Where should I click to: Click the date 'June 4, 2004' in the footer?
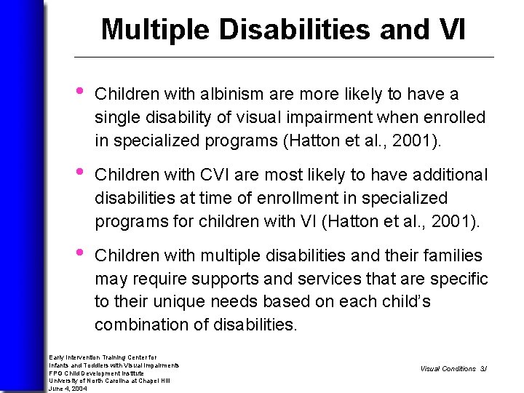coord(67,388)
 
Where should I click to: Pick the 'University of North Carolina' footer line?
coord(109,381)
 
